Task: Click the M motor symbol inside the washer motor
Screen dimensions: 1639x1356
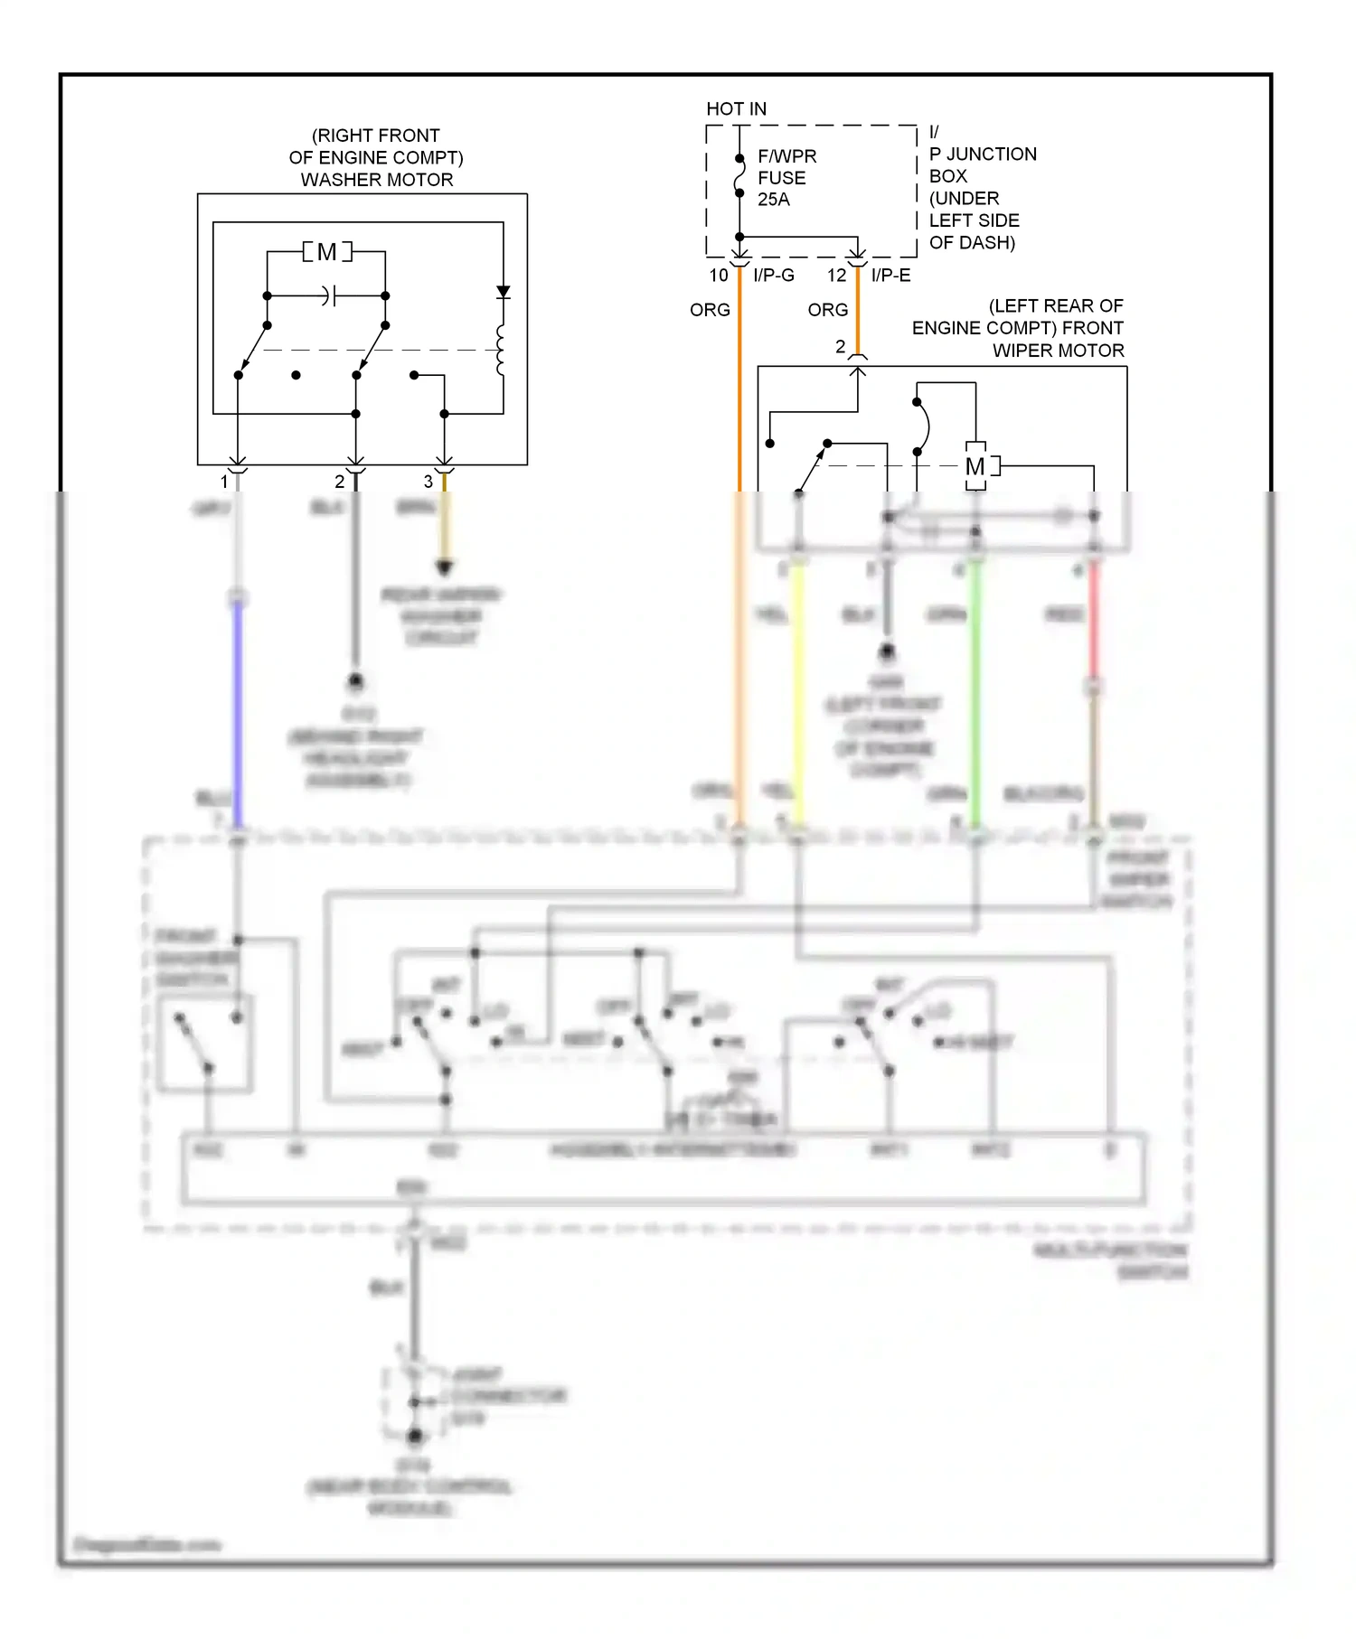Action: pos(326,252)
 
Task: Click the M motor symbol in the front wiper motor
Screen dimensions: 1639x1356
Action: pos(975,467)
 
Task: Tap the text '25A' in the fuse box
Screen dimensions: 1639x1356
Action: pos(773,200)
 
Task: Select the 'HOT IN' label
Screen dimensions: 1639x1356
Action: pos(736,109)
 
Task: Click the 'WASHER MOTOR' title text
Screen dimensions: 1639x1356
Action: pos(377,180)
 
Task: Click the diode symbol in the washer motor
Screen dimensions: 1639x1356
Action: pos(504,292)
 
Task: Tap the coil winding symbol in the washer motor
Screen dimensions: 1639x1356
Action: pos(501,350)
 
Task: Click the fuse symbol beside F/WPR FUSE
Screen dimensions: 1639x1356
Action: pos(739,176)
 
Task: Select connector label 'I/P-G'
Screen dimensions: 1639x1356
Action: pos(774,276)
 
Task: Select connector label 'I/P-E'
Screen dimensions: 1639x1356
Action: pos(890,276)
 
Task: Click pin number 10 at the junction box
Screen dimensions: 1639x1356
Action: pos(719,276)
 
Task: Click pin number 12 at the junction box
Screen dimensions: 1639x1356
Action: pos(837,276)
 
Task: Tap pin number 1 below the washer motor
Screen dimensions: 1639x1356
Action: pos(224,482)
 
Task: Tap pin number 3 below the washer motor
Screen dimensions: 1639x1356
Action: pos(428,482)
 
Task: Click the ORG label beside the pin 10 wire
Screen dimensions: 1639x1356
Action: pos(710,310)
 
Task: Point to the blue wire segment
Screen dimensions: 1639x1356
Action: pos(238,714)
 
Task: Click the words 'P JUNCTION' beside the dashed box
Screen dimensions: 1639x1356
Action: pos(983,155)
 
